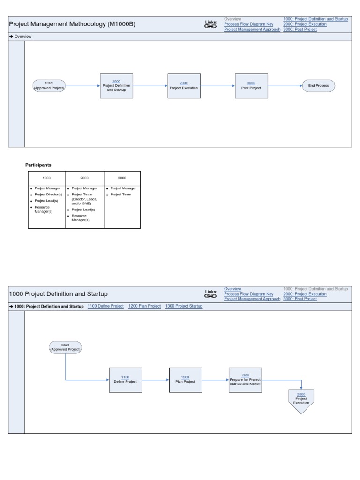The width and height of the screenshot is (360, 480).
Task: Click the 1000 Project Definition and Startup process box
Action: pyautogui.click(x=117, y=86)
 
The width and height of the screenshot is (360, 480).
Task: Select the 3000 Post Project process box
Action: pyautogui.click(x=251, y=86)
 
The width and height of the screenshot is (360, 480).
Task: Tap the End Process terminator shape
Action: pyautogui.click(x=319, y=86)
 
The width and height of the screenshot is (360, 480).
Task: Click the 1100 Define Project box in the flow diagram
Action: pyautogui.click(x=125, y=380)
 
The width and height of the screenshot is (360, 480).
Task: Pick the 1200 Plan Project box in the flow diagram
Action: pyautogui.click(x=186, y=380)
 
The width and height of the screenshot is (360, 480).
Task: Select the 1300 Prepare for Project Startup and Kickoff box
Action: pyautogui.click(x=245, y=380)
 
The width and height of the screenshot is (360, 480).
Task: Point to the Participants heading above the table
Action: pyautogui.click(x=38, y=165)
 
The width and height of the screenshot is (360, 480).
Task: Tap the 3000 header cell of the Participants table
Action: pyautogui.click(x=122, y=178)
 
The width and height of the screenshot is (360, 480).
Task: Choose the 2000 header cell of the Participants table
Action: pyautogui.click(x=84, y=178)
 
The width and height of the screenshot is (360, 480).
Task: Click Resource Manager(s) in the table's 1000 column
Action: pyautogui.click(x=44, y=209)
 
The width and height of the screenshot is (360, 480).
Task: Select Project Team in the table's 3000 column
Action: pyautogui.click(x=120, y=195)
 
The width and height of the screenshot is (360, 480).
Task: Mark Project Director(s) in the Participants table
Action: pyautogui.click(x=48, y=195)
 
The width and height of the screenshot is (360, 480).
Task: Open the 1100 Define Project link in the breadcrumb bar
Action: pyautogui.click(x=105, y=306)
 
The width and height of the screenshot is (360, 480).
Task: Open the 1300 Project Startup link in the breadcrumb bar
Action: pyautogui.click(x=184, y=306)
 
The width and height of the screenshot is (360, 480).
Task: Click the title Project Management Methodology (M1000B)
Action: pyautogui.click(x=72, y=24)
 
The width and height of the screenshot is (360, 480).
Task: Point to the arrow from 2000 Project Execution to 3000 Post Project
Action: pyautogui.click(x=218, y=86)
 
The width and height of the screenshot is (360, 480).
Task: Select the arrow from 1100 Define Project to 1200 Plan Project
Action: pyautogui.click(x=156, y=380)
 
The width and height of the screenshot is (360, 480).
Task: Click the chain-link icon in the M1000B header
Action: pyautogui.click(x=211, y=27)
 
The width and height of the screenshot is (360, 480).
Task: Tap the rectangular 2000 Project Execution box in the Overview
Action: pyautogui.click(x=184, y=86)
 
